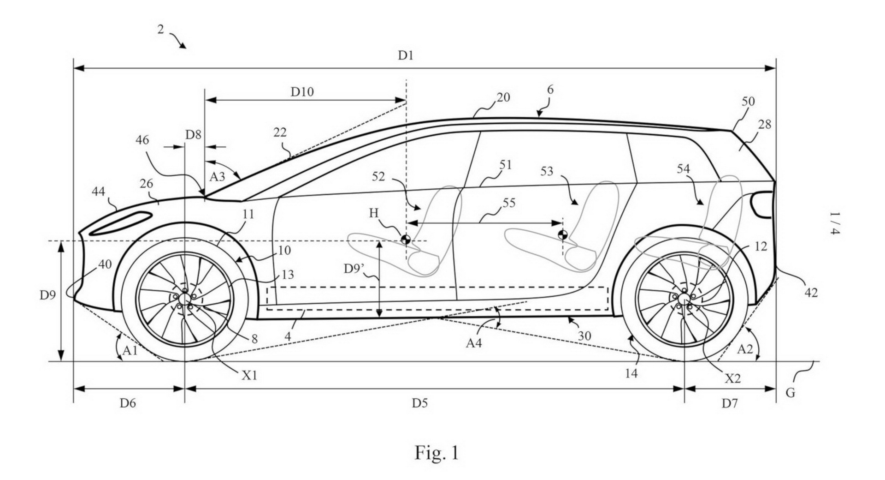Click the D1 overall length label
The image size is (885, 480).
406,56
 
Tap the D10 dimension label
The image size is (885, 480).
302,92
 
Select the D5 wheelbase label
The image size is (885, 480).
419,403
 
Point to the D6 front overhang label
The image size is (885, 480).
128,403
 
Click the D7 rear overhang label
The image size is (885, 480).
730,403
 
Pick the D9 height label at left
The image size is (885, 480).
47,294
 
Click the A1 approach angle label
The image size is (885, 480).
130,350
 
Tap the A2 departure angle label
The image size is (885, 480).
745,349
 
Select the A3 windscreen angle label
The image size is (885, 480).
217,176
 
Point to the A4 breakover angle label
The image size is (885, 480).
474,343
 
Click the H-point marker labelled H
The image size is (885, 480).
406,240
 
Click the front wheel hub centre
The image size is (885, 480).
185,299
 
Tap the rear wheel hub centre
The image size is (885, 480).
684,299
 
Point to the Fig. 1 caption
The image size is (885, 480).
437,453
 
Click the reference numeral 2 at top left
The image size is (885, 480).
160,30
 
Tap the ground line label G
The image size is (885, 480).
790,393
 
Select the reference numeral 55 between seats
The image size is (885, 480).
508,203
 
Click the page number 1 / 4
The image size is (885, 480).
835,223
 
